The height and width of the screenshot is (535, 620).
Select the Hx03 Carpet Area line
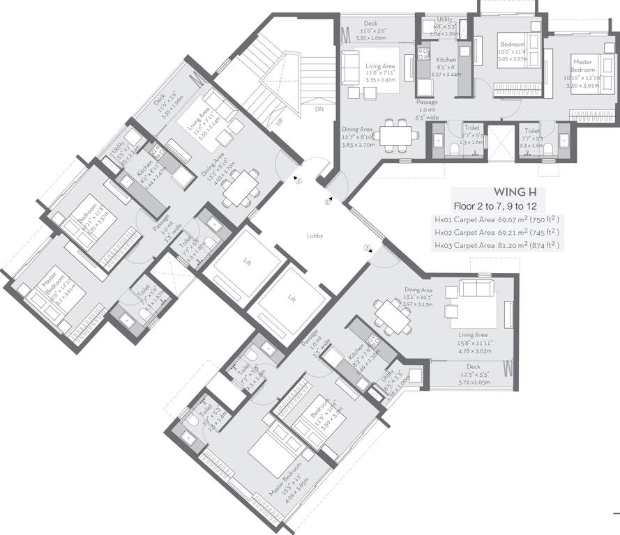[497, 245]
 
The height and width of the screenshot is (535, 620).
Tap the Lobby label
[315, 236]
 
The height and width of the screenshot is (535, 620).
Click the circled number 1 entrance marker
[326, 203]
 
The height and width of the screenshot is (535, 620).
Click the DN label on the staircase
[319, 109]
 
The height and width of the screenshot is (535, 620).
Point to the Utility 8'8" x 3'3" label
[444, 26]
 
